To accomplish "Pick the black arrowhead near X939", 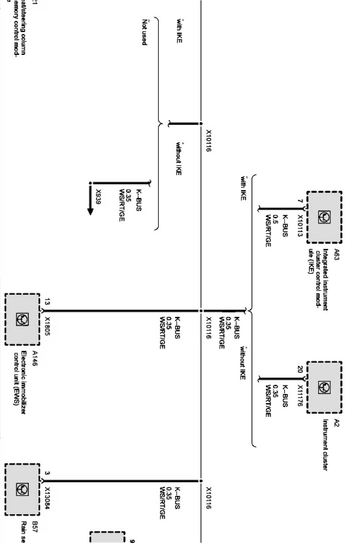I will [90, 211].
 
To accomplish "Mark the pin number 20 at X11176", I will [300, 370].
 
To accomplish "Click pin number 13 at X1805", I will [47, 302].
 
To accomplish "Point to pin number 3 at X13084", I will [47, 473].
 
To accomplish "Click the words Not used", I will [144, 32].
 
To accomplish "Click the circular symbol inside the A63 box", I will [324, 217].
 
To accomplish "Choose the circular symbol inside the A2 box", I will [324, 388].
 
